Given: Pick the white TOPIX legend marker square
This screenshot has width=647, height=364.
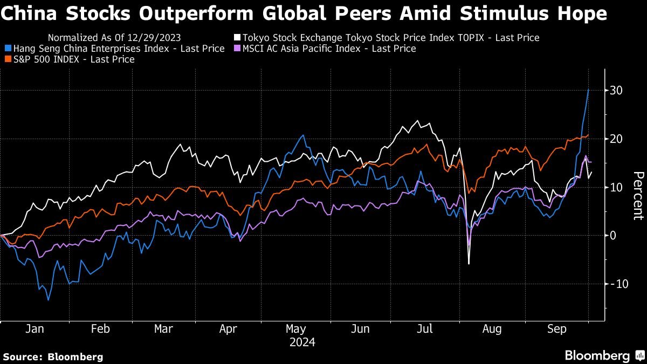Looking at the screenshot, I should coord(237,38).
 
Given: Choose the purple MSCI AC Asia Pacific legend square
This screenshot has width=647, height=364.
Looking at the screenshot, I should coord(237,49).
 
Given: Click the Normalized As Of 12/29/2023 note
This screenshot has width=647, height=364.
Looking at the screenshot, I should coord(114,38).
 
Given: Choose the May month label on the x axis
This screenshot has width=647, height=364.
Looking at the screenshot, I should coord(296,329).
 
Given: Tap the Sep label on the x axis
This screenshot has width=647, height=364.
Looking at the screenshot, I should coord(556,329).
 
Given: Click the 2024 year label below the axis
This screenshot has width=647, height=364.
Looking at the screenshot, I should coord(302,342).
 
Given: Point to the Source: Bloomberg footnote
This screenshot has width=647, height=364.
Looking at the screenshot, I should coord(53,356).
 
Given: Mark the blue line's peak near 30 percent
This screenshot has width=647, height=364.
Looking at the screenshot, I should coord(588,90).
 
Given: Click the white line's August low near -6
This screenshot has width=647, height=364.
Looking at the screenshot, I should coord(469,264).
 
